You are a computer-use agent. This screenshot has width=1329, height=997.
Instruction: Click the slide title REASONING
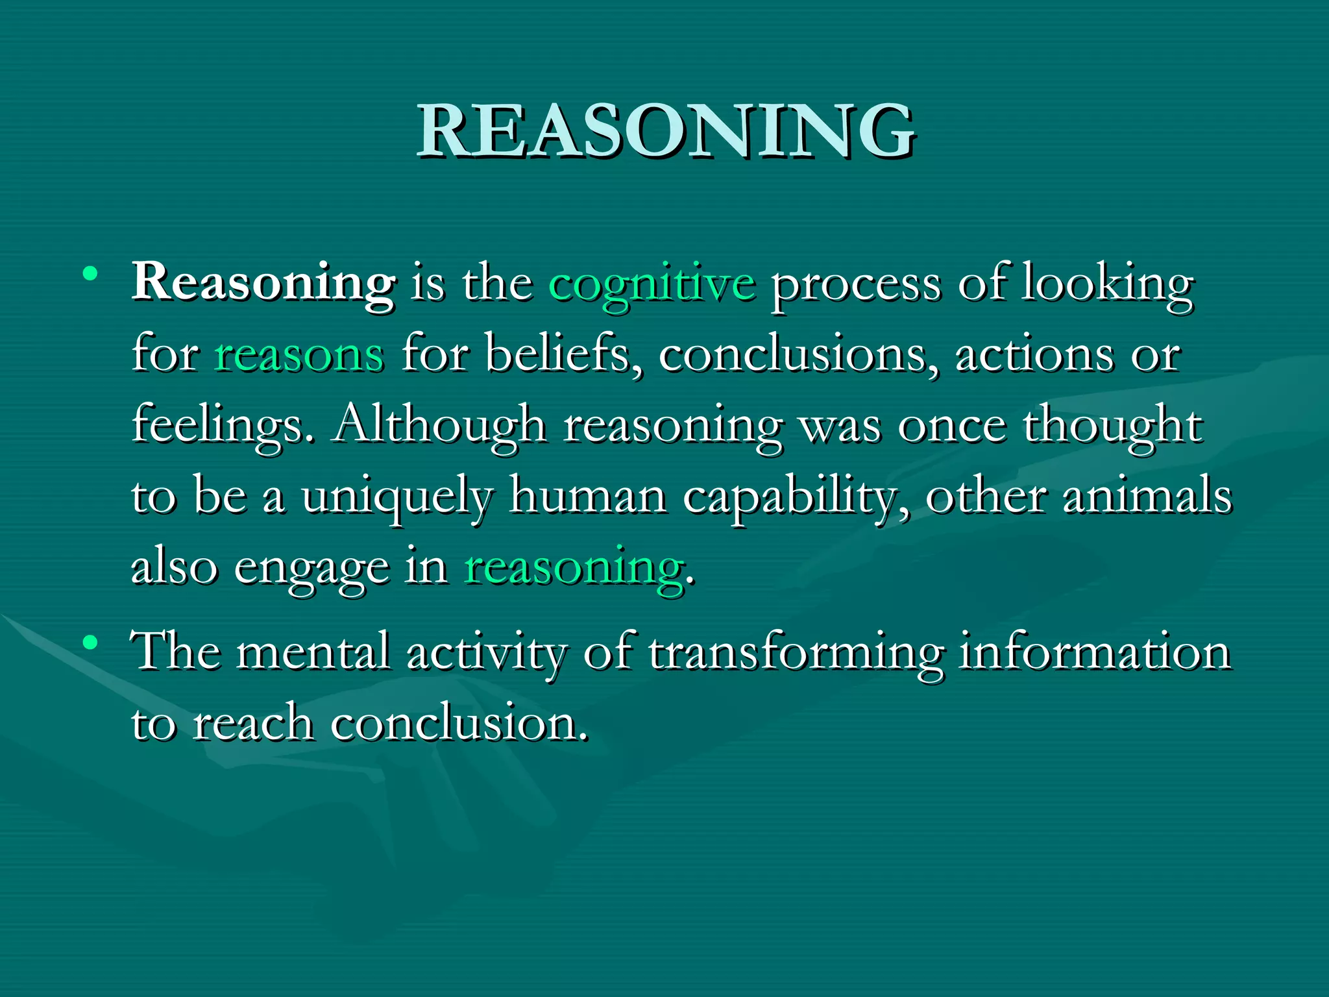point(665,131)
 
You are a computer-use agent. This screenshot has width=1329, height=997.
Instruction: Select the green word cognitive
point(652,284)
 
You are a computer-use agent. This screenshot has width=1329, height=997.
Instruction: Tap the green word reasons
point(299,356)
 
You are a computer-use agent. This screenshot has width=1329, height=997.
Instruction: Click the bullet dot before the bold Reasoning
point(90,273)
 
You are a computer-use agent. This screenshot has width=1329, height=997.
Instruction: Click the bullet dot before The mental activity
point(90,643)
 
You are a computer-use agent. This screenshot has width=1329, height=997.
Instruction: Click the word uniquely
point(397,497)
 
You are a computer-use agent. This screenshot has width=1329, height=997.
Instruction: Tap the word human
point(588,496)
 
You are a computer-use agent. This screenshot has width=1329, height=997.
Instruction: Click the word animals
point(1147,496)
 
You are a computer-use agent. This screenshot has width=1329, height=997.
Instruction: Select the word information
point(1095,652)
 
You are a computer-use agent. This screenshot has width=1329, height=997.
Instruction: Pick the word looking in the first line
point(1107,284)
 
